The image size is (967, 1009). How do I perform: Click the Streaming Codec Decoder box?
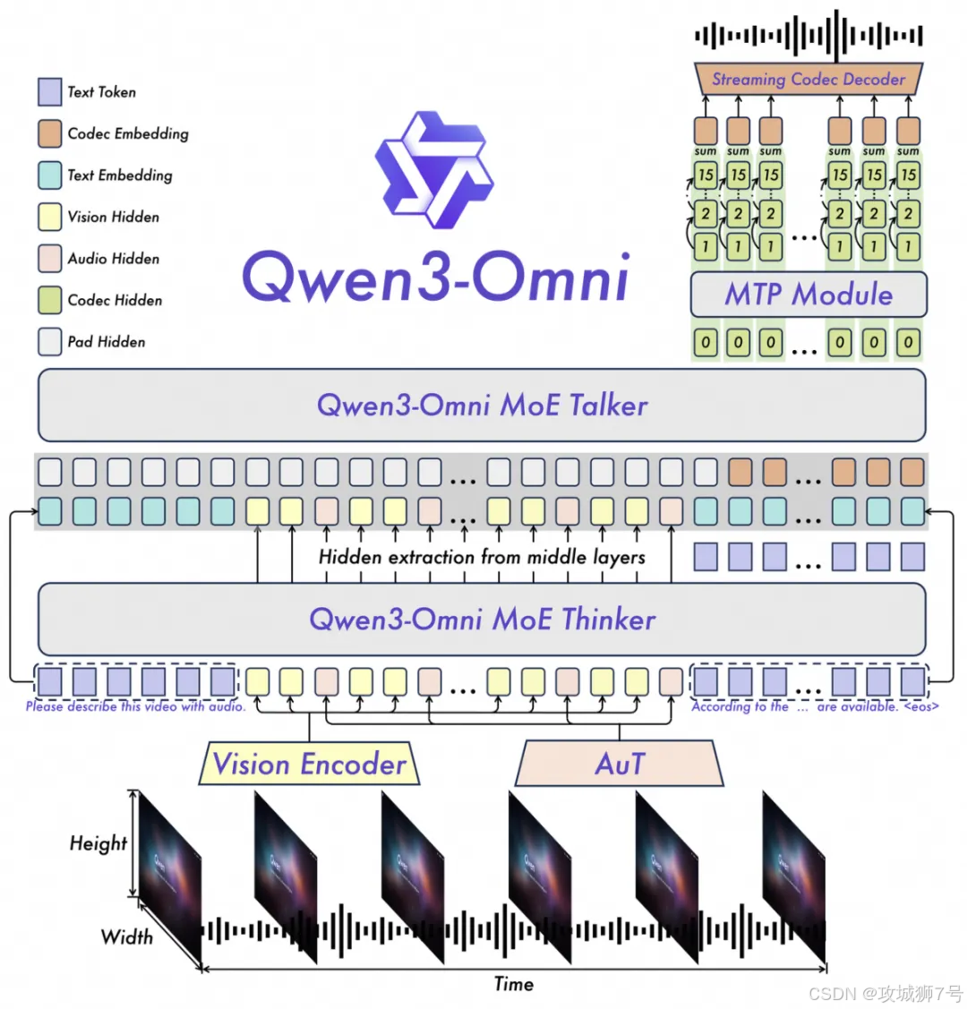coord(809,80)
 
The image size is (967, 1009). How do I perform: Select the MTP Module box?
coord(809,295)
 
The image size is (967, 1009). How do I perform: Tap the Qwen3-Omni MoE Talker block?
coord(482,406)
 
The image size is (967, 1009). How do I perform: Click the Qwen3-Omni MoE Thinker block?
coord(482,620)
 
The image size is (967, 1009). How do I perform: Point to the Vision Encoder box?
coord(310,765)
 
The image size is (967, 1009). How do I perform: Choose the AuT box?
coord(620,765)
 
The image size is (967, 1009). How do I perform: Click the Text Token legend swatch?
coord(49,92)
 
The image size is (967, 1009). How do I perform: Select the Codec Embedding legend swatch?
coord(49,134)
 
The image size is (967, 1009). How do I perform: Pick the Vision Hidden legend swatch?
coord(49,218)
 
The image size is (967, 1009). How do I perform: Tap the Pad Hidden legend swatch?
coord(49,342)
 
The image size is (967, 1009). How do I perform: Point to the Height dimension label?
coord(98,843)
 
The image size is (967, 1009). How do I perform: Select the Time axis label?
coord(514,984)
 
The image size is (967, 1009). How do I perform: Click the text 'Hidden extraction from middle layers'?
coord(482,557)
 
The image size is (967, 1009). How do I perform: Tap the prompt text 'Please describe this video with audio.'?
coord(135,706)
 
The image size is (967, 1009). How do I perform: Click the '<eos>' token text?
coord(921,706)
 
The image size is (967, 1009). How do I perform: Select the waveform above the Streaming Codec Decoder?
coord(809,36)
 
